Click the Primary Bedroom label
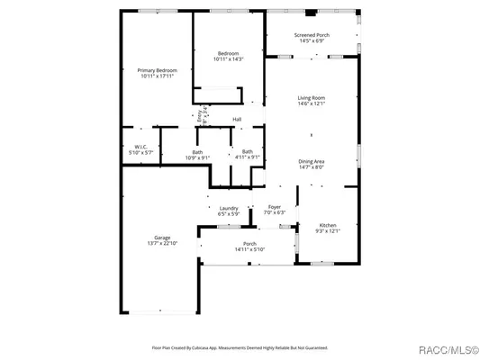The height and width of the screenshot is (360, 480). tap(158, 70)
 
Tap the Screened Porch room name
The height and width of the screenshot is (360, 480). tap(312, 35)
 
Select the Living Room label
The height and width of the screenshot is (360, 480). tap(312, 97)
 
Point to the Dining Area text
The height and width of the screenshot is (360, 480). tap(312, 161)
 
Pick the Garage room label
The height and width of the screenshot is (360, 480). tap(162, 238)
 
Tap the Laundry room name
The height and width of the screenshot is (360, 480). tap(229, 208)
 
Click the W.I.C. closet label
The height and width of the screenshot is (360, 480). tap(141, 148)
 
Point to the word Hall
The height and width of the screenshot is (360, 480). tap(237, 120)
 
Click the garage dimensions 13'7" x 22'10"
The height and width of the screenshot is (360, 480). tap(162, 244)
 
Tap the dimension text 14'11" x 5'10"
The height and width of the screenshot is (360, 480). tap(250, 249)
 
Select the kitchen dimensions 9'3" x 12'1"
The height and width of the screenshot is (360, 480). tap(329, 231)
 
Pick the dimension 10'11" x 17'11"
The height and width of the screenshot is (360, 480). tap(158, 76)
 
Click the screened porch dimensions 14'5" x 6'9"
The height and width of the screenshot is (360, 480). tap(312, 41)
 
